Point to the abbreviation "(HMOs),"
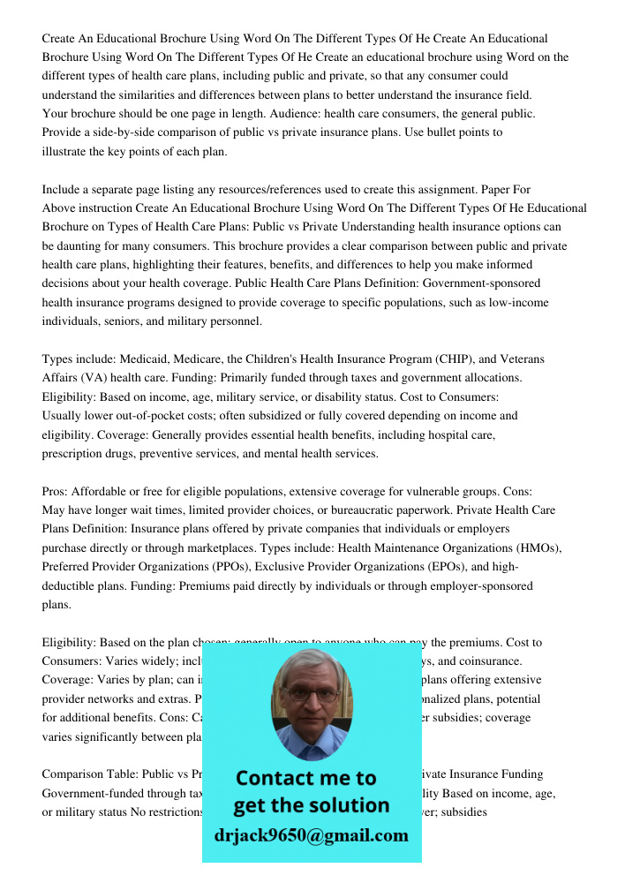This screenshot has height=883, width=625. pos(533,547)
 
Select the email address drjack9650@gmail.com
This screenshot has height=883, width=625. pos(312,835)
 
